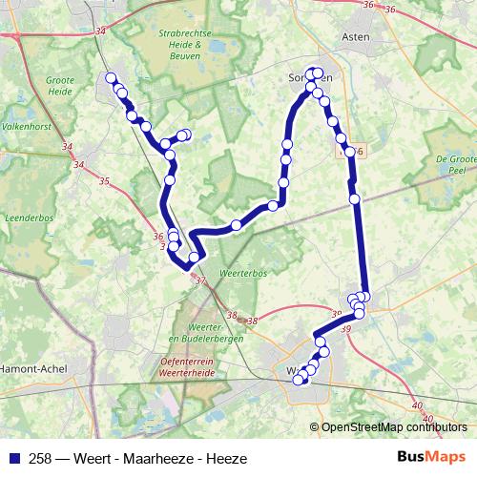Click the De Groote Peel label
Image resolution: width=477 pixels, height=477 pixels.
pyautogui.click(x=454, y=165)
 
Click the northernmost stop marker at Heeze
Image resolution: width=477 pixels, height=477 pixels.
pyautogui.click(x=111, y=78)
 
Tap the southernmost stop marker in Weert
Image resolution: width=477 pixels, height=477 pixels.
pyautogui.click(x=299, y=380)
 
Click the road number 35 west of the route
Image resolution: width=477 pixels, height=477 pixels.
pyautogui.click(x=104, y=181)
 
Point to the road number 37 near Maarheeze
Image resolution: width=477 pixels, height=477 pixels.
pyautogui.click(x=199, y=280)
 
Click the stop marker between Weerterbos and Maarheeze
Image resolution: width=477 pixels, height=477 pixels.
pyautogui.click(x=236, y=225)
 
